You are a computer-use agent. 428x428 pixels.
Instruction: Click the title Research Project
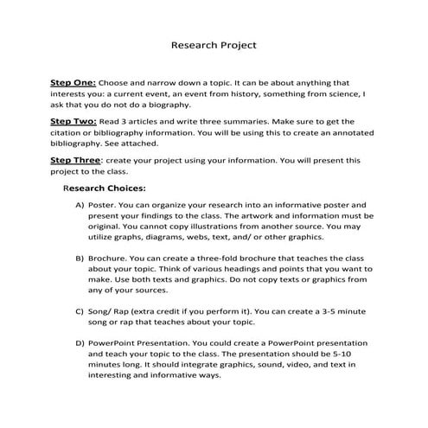click(x=213, y=43)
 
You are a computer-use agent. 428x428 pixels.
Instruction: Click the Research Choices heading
click(x=105, y=187)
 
